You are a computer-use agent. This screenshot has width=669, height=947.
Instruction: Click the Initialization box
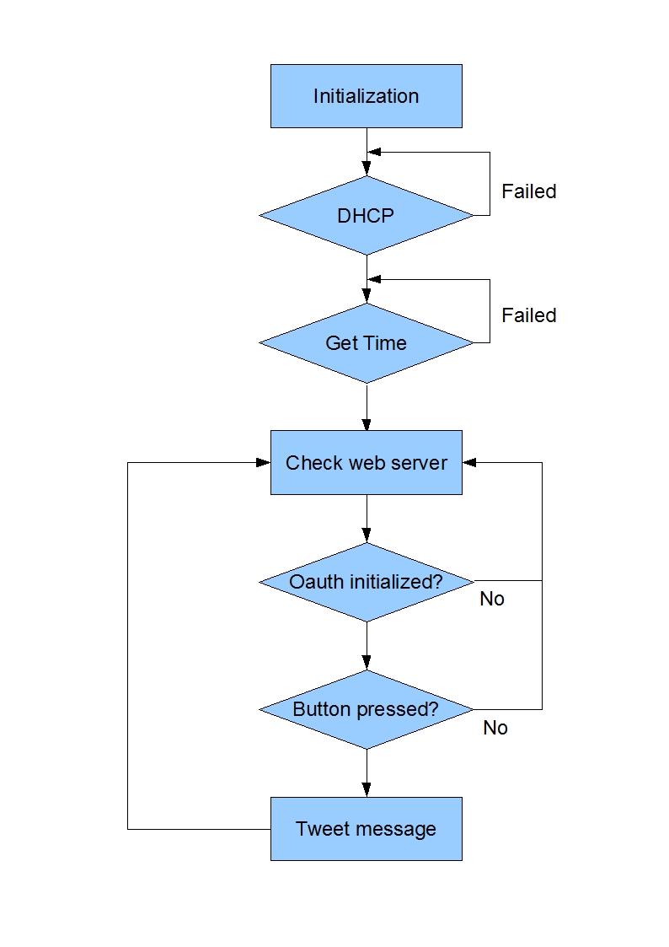[x=366, y=96]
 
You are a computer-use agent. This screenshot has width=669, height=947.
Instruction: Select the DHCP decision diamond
[x=366, y=216]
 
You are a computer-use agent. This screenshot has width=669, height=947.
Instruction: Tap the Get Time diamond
[x=366, y=343]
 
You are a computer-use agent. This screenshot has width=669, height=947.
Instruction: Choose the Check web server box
[x=366, y=463]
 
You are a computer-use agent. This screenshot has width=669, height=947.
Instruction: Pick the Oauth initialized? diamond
[x=366, y=582]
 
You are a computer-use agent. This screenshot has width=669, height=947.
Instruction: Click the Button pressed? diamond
[x=366, y=710]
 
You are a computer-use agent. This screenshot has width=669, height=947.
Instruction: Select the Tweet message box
[x=366, y=829]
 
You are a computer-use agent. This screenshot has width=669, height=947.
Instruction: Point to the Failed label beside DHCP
[x=529, y=191]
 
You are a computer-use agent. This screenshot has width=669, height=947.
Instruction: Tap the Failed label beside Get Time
[x=529, y=315]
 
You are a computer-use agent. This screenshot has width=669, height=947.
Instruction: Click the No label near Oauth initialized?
[x=492, y=599]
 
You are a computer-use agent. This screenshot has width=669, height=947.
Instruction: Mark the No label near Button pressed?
[x=495, y=727]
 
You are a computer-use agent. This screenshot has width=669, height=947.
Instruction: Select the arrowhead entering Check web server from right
[x=469, y=462]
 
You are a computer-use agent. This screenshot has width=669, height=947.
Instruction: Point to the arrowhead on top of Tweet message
[x=367, y=790]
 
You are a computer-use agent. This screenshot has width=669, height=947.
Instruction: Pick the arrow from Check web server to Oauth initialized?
[x=367, y=518]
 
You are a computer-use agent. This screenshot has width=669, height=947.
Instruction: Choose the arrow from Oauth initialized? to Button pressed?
[x=367, y=646]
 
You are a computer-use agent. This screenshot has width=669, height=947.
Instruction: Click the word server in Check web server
[x=419, y=463]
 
